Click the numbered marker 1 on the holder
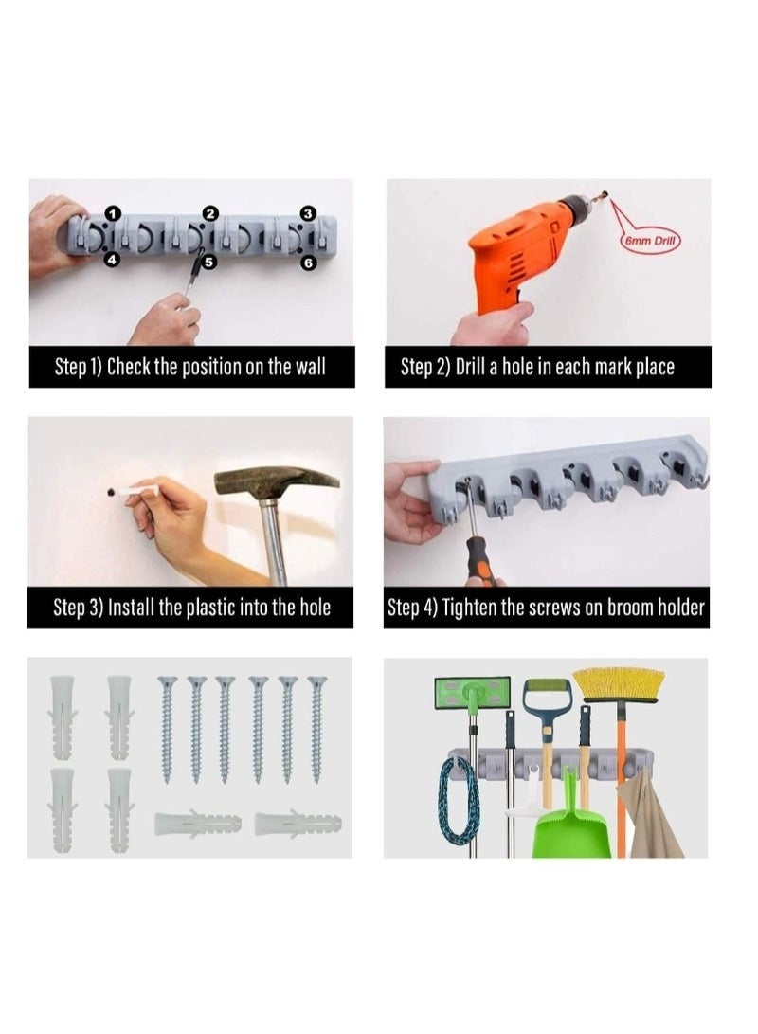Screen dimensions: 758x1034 tap(114, 213)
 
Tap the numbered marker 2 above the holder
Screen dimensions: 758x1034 tap(210, 213)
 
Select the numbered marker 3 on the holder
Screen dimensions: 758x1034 tap(308, 213)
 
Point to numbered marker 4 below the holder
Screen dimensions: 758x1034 tap(112, 260)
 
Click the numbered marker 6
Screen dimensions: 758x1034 tap(309, 263)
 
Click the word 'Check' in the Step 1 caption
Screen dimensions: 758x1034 tap(129, 367)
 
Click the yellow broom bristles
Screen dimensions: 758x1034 tap(619, 685)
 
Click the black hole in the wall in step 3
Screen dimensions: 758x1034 tap(112, 492)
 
